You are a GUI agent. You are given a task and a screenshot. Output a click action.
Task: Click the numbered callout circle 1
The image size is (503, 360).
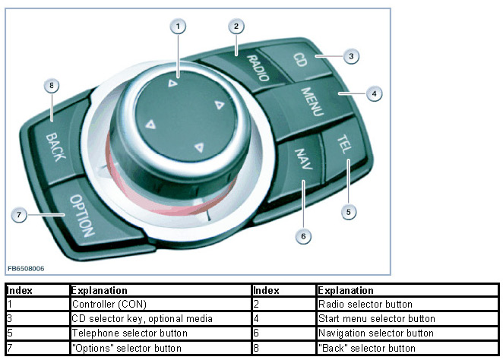point(178,27)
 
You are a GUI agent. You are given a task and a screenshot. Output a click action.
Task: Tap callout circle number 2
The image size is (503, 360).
point(237,26)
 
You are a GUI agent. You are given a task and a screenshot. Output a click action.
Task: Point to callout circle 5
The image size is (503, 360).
point(348,212)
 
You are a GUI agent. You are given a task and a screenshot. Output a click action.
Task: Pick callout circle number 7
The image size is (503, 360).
point(22,215)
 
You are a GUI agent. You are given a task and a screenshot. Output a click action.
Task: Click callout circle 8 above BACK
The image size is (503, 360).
point(52,87)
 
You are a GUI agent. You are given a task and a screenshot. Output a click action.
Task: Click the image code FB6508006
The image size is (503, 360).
point(27,269)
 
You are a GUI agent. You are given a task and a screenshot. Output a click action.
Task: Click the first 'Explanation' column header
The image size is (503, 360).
point(99,290)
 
